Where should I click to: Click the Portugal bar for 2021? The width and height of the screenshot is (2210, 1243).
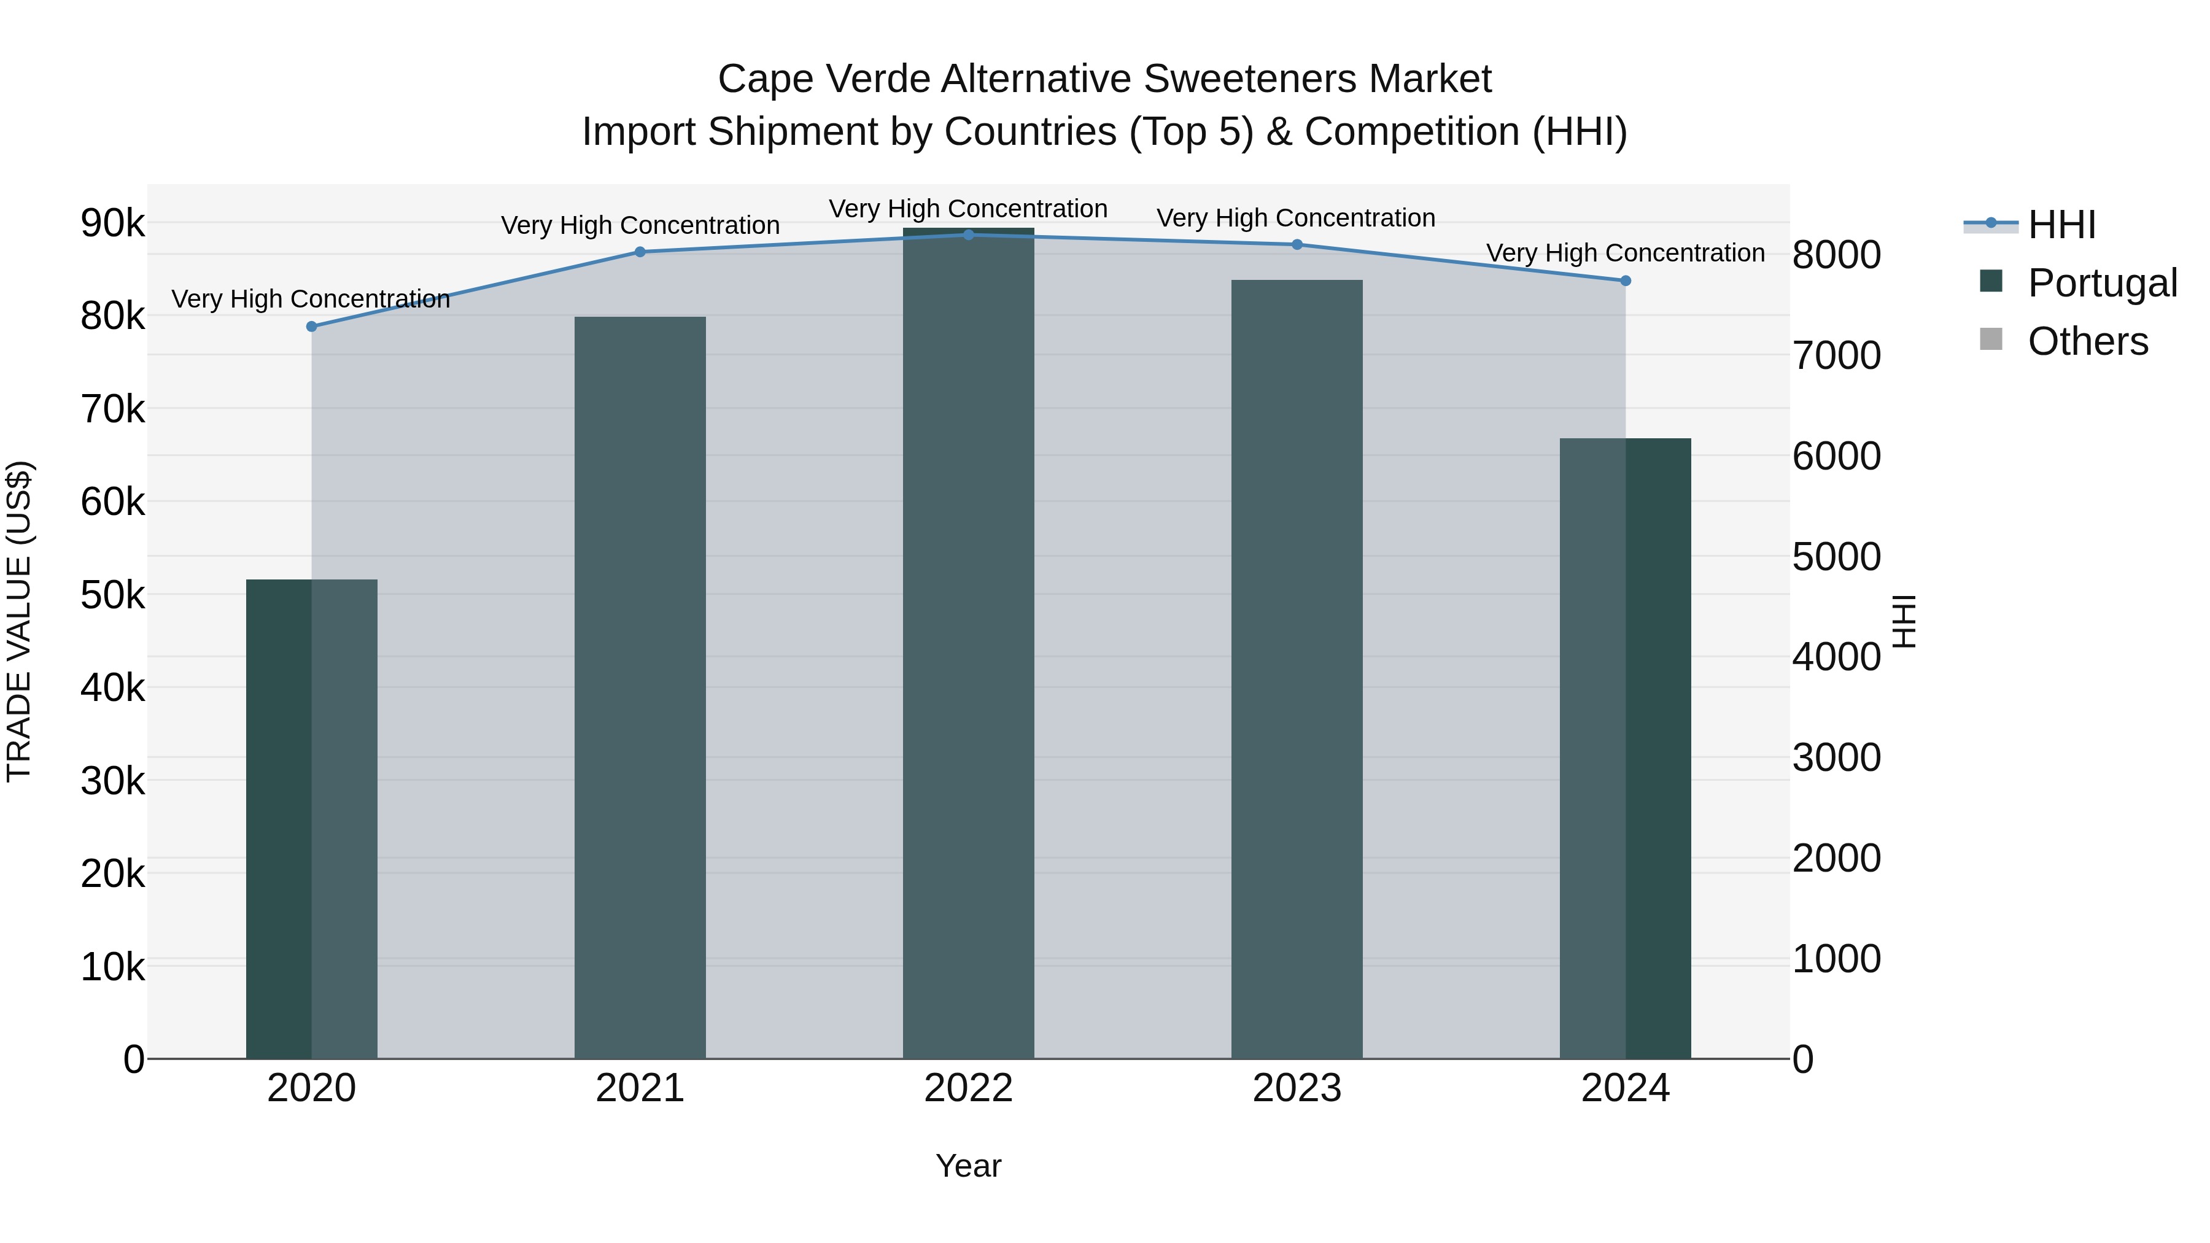coord(640,686)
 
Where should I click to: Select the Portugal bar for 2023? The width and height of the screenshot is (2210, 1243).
coord(1297,669)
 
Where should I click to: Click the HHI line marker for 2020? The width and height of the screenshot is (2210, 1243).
coord(311,327)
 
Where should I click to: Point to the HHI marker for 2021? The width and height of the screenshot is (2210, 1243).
coord(640,252)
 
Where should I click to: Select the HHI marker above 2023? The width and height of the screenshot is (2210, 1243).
coord(1297,244)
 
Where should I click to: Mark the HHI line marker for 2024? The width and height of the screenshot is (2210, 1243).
coord(1626,281)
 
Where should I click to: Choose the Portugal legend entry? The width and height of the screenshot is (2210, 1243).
coord(2102,283)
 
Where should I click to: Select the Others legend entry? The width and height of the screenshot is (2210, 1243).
coord(2087,341)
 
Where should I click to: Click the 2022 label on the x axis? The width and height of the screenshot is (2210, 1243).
coord(969,1088)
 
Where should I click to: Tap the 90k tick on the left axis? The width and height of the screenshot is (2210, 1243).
coord(113,223)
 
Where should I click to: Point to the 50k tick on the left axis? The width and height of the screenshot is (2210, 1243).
coord(113,594)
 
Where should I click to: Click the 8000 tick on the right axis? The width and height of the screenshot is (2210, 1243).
coord(1837,255)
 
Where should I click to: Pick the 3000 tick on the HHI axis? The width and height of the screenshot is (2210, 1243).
coord(1837,757)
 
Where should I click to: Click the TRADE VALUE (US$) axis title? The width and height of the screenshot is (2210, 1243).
coord(19,621)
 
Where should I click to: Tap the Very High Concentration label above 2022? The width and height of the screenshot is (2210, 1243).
coord(969,209)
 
